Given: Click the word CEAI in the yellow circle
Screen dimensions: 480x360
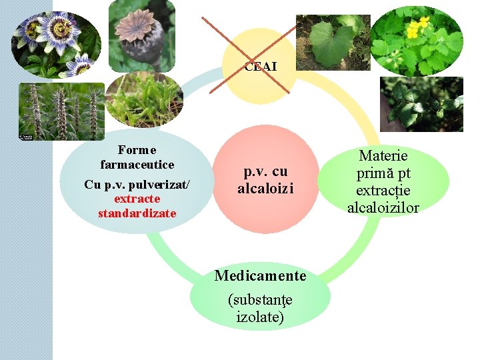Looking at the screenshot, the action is [x=260, y=67].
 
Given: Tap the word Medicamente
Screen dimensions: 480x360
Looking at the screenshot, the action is [x=260, y=275].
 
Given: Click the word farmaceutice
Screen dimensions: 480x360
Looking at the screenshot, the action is [x=137, y=164].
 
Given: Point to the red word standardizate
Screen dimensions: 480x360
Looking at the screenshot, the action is [x=137, y=213].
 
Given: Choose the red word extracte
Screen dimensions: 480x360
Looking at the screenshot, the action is [x=137, y=199].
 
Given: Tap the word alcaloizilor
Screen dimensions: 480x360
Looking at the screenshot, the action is [x=383, y=208].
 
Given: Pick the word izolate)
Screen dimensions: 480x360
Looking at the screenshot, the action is [x=260, y=317].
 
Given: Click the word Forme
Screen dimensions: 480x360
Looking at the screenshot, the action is [x=137, y=149].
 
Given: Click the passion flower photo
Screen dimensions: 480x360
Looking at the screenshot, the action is [x=56, y=43].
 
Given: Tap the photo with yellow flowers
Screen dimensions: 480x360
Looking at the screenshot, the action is [x=415, y=41].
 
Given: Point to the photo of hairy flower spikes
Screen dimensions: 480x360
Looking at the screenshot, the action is [x=61, y=111].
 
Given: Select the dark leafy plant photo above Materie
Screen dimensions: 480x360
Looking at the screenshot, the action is [x=421, y=103].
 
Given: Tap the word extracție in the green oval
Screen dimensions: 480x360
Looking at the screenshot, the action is [x=383, y=191].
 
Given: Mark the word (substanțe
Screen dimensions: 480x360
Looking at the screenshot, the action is [x=260, y=301].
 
